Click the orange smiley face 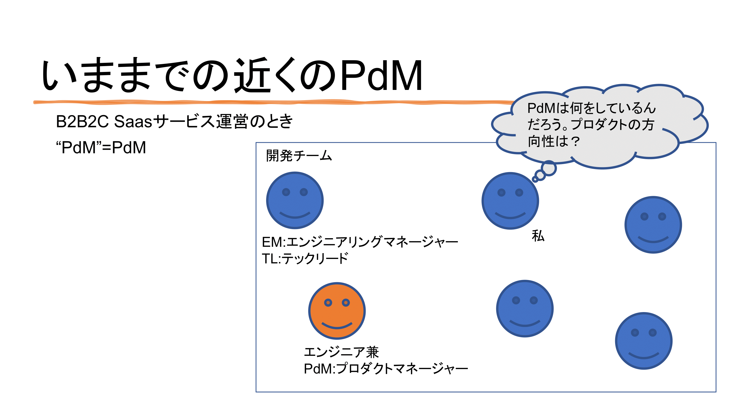337,311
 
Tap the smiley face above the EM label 295,200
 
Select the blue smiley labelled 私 510,201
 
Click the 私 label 538,236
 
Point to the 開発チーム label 299,156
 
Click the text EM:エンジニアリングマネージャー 360,242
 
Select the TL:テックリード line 305,258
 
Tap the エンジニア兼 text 341,352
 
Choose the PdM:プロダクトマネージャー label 386,369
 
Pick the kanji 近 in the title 252,75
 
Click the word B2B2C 82,121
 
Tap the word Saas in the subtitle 133,121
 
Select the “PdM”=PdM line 101,148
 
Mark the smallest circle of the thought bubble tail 534,180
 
